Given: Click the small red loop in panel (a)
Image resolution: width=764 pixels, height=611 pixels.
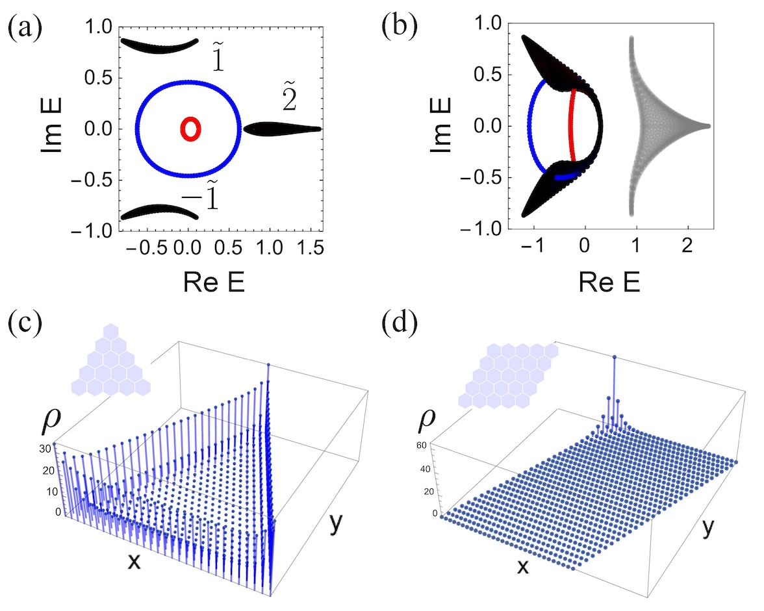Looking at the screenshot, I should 190,129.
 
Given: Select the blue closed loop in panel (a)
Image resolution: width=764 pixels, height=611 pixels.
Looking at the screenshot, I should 137,129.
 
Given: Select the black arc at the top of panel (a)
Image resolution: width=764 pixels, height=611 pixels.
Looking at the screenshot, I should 160,46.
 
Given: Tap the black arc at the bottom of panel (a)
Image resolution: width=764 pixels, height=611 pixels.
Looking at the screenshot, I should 160,212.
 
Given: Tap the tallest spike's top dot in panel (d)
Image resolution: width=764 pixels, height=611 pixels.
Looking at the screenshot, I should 615,356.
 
